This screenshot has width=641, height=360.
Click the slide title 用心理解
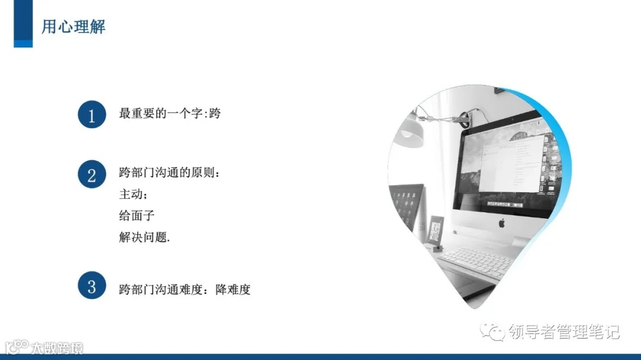pos(73,27)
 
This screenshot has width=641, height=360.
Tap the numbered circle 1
pos(91,115)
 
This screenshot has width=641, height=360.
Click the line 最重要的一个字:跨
pos(170,113)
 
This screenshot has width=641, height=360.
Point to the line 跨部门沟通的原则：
pos(169,173)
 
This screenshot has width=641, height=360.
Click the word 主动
pos(131,194)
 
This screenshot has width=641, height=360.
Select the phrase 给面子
pos(137,215)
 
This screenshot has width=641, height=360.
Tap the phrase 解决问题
pos(144,237)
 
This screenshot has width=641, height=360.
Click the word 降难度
pos(233,290)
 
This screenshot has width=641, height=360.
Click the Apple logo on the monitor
pos(501,223)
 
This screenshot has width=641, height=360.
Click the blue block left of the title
pos(23,23)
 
